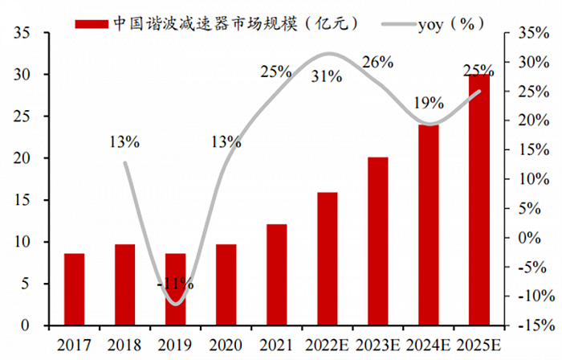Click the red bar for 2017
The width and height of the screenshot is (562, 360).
pyautogui.click(x=74, y=289)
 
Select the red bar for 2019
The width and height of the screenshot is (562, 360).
pyautogui.click(x=175, y=289)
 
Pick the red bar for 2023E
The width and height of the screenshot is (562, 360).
pyautogui.click(x=377, y=241)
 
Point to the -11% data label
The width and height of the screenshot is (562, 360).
pyautogui.click(x=175, y=284)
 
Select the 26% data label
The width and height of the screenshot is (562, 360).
pyautogui.click(x=377, y=62)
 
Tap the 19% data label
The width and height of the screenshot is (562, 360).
pyautogui.click(x=428, y=102)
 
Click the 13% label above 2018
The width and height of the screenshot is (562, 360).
pyautogui.click(x=124, y=142)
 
